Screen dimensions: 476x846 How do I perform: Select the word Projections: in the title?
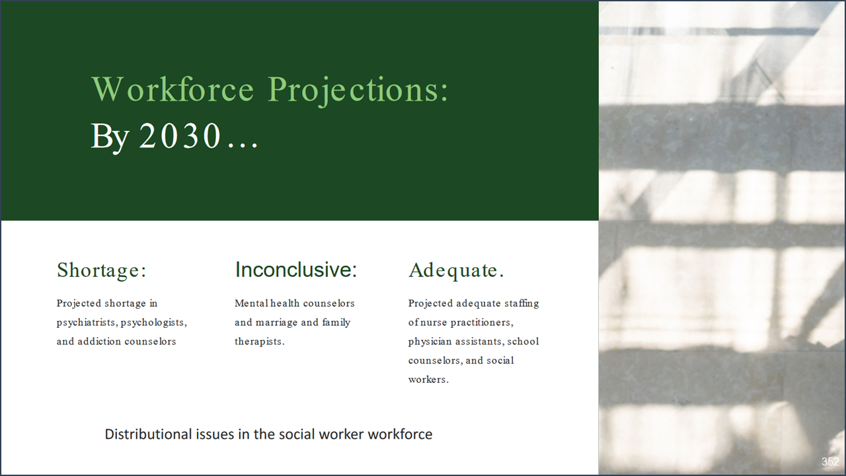(358, 91)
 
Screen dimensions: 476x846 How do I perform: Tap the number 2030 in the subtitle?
(179, 137)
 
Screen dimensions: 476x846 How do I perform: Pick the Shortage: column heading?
(102, 270)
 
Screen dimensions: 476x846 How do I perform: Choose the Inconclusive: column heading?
(295, 270)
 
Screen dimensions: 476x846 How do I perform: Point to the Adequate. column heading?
(456, 270)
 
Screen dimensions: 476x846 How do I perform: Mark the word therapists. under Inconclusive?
(260, 342)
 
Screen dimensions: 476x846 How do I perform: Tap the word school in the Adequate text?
(523, 342)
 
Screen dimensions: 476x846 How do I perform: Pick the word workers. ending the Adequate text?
(428, 379)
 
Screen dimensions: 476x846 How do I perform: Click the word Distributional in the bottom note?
(148, 434)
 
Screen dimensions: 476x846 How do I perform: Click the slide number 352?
(830, 462)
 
